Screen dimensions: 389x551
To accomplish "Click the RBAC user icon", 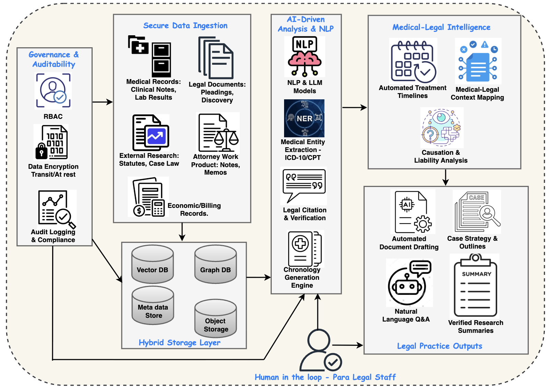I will coord(53,91).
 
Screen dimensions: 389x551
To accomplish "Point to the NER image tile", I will coord(304,118).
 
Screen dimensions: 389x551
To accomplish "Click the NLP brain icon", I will coord(304,57).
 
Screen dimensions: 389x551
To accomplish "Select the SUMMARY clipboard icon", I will coord(475,286).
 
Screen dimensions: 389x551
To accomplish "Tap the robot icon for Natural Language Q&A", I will coord(408,283).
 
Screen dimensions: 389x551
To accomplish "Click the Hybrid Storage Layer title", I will coord(179,342).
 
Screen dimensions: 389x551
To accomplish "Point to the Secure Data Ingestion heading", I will coord(185,26).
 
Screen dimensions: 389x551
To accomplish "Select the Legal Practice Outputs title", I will coord(439,346).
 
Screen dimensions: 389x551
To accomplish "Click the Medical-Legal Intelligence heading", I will coord(441,27).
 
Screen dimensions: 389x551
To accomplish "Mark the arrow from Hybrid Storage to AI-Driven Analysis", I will coord(258,277).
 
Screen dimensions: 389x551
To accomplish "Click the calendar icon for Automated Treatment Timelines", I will coord(413,62).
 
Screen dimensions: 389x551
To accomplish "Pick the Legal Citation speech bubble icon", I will coord(304,185).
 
